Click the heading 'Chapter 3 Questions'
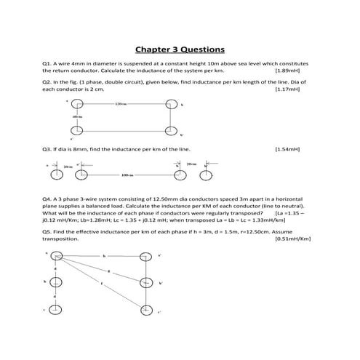(180, 49)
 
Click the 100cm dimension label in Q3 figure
(129, 175)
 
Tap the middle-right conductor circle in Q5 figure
(147, 282)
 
